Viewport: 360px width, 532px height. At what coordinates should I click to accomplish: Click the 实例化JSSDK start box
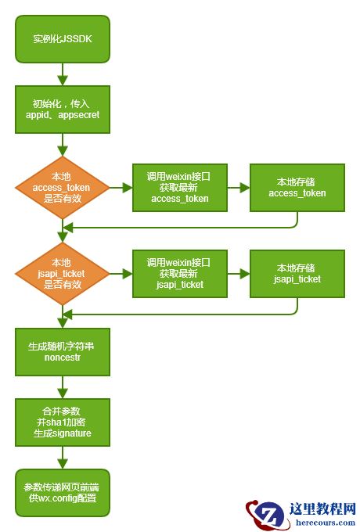[62, 39]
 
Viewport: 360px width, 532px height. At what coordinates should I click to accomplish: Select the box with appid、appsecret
[62, 109]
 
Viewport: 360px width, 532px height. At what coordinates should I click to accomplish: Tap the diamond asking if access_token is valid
[62, 188]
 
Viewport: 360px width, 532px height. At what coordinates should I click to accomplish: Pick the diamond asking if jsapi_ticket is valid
[62, 274]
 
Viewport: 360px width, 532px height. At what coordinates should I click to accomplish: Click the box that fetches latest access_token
[180, 188]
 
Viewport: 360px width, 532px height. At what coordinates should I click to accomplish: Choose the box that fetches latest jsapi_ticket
[180, 274]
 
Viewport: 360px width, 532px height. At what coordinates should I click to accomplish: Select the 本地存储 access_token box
[297, 188]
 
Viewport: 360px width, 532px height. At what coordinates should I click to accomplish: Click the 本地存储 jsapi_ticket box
[297, 274]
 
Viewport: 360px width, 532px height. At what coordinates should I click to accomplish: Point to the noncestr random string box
[62, 351]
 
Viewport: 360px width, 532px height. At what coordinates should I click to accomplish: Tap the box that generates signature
[62, 422]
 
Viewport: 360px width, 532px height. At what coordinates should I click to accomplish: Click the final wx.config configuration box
[62, 492]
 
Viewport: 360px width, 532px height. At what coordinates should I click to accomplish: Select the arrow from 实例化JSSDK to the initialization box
[62, 74]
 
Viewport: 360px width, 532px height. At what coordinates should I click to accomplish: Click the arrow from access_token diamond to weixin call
[121, 188]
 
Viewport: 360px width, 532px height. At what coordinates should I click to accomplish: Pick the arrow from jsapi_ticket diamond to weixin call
[121, 274]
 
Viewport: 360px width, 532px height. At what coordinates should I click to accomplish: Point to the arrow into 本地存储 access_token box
[238, 188]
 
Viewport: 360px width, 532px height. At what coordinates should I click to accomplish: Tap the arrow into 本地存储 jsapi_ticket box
[238, 274]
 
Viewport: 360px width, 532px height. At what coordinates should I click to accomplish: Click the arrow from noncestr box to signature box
[62, 386]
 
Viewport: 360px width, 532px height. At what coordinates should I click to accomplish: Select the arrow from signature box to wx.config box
[62, 457]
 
